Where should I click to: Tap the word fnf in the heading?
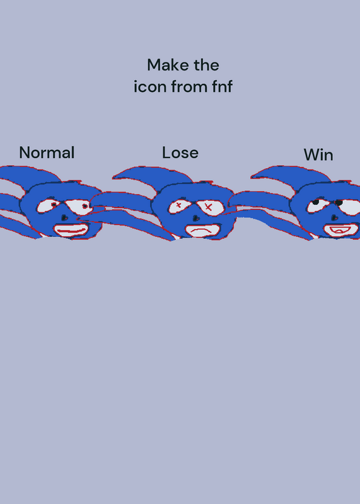223,86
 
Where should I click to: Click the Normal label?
47,152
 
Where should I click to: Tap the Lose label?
180,152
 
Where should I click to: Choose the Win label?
318,155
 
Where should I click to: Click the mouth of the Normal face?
71,230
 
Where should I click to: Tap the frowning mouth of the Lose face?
203,231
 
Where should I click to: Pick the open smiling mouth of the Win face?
341,230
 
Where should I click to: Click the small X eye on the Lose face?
179,206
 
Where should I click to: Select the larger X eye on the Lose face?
209,207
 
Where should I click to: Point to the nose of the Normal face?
64,218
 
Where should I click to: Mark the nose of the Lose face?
195,219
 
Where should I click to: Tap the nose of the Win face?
335,217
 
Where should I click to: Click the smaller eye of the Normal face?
48,206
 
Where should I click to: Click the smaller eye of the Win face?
318,206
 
